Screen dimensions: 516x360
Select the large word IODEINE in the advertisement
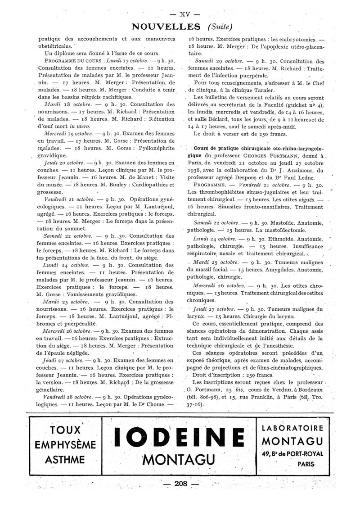coord(180,438)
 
